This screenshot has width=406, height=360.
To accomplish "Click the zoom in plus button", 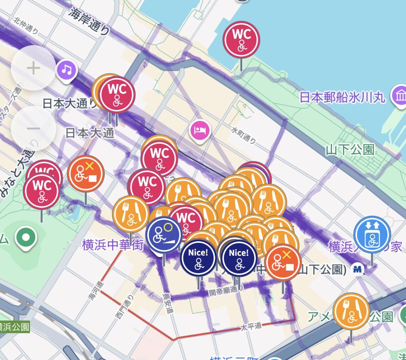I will [33, 68].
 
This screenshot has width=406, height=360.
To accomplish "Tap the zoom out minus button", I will [33, 128].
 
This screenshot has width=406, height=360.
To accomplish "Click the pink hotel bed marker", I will [200, 130].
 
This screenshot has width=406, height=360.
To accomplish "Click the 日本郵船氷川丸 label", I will [342, 98].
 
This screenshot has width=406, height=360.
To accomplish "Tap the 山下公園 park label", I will [350, 149].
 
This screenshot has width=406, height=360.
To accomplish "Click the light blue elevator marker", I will [372, 234].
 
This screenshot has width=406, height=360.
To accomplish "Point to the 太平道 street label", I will [251, 326].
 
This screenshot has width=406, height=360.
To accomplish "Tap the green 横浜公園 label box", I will [14, 327].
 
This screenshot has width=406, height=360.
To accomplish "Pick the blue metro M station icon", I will [357, 269].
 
